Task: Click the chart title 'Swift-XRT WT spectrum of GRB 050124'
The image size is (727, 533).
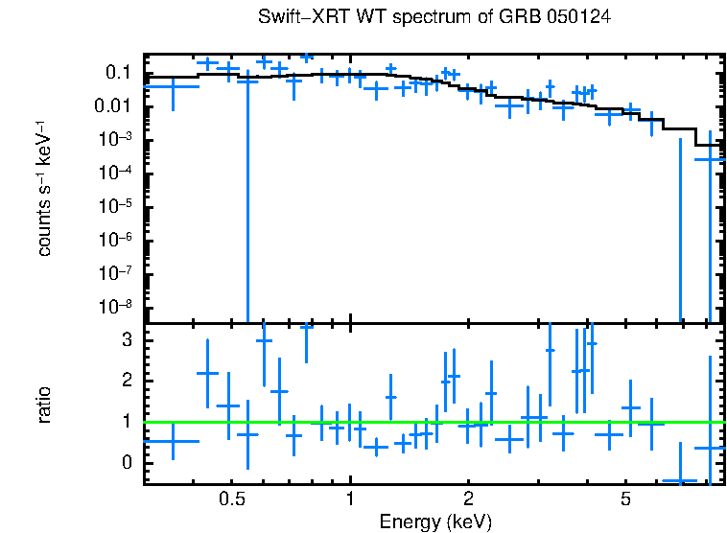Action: click(x=434, y=17)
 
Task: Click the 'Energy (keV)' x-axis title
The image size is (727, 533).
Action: click(x=434, y=521)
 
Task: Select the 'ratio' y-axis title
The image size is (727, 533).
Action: click(x=44, y=404)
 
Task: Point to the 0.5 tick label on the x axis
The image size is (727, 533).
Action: click(x=231, y=499)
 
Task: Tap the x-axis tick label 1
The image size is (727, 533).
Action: click(x=350, y=499)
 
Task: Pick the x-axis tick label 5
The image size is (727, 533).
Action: click(x=625, y=499)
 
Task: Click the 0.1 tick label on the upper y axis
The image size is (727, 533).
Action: click(x=118, y=73)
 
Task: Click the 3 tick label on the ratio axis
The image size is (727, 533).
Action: click(x=125, y=340)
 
